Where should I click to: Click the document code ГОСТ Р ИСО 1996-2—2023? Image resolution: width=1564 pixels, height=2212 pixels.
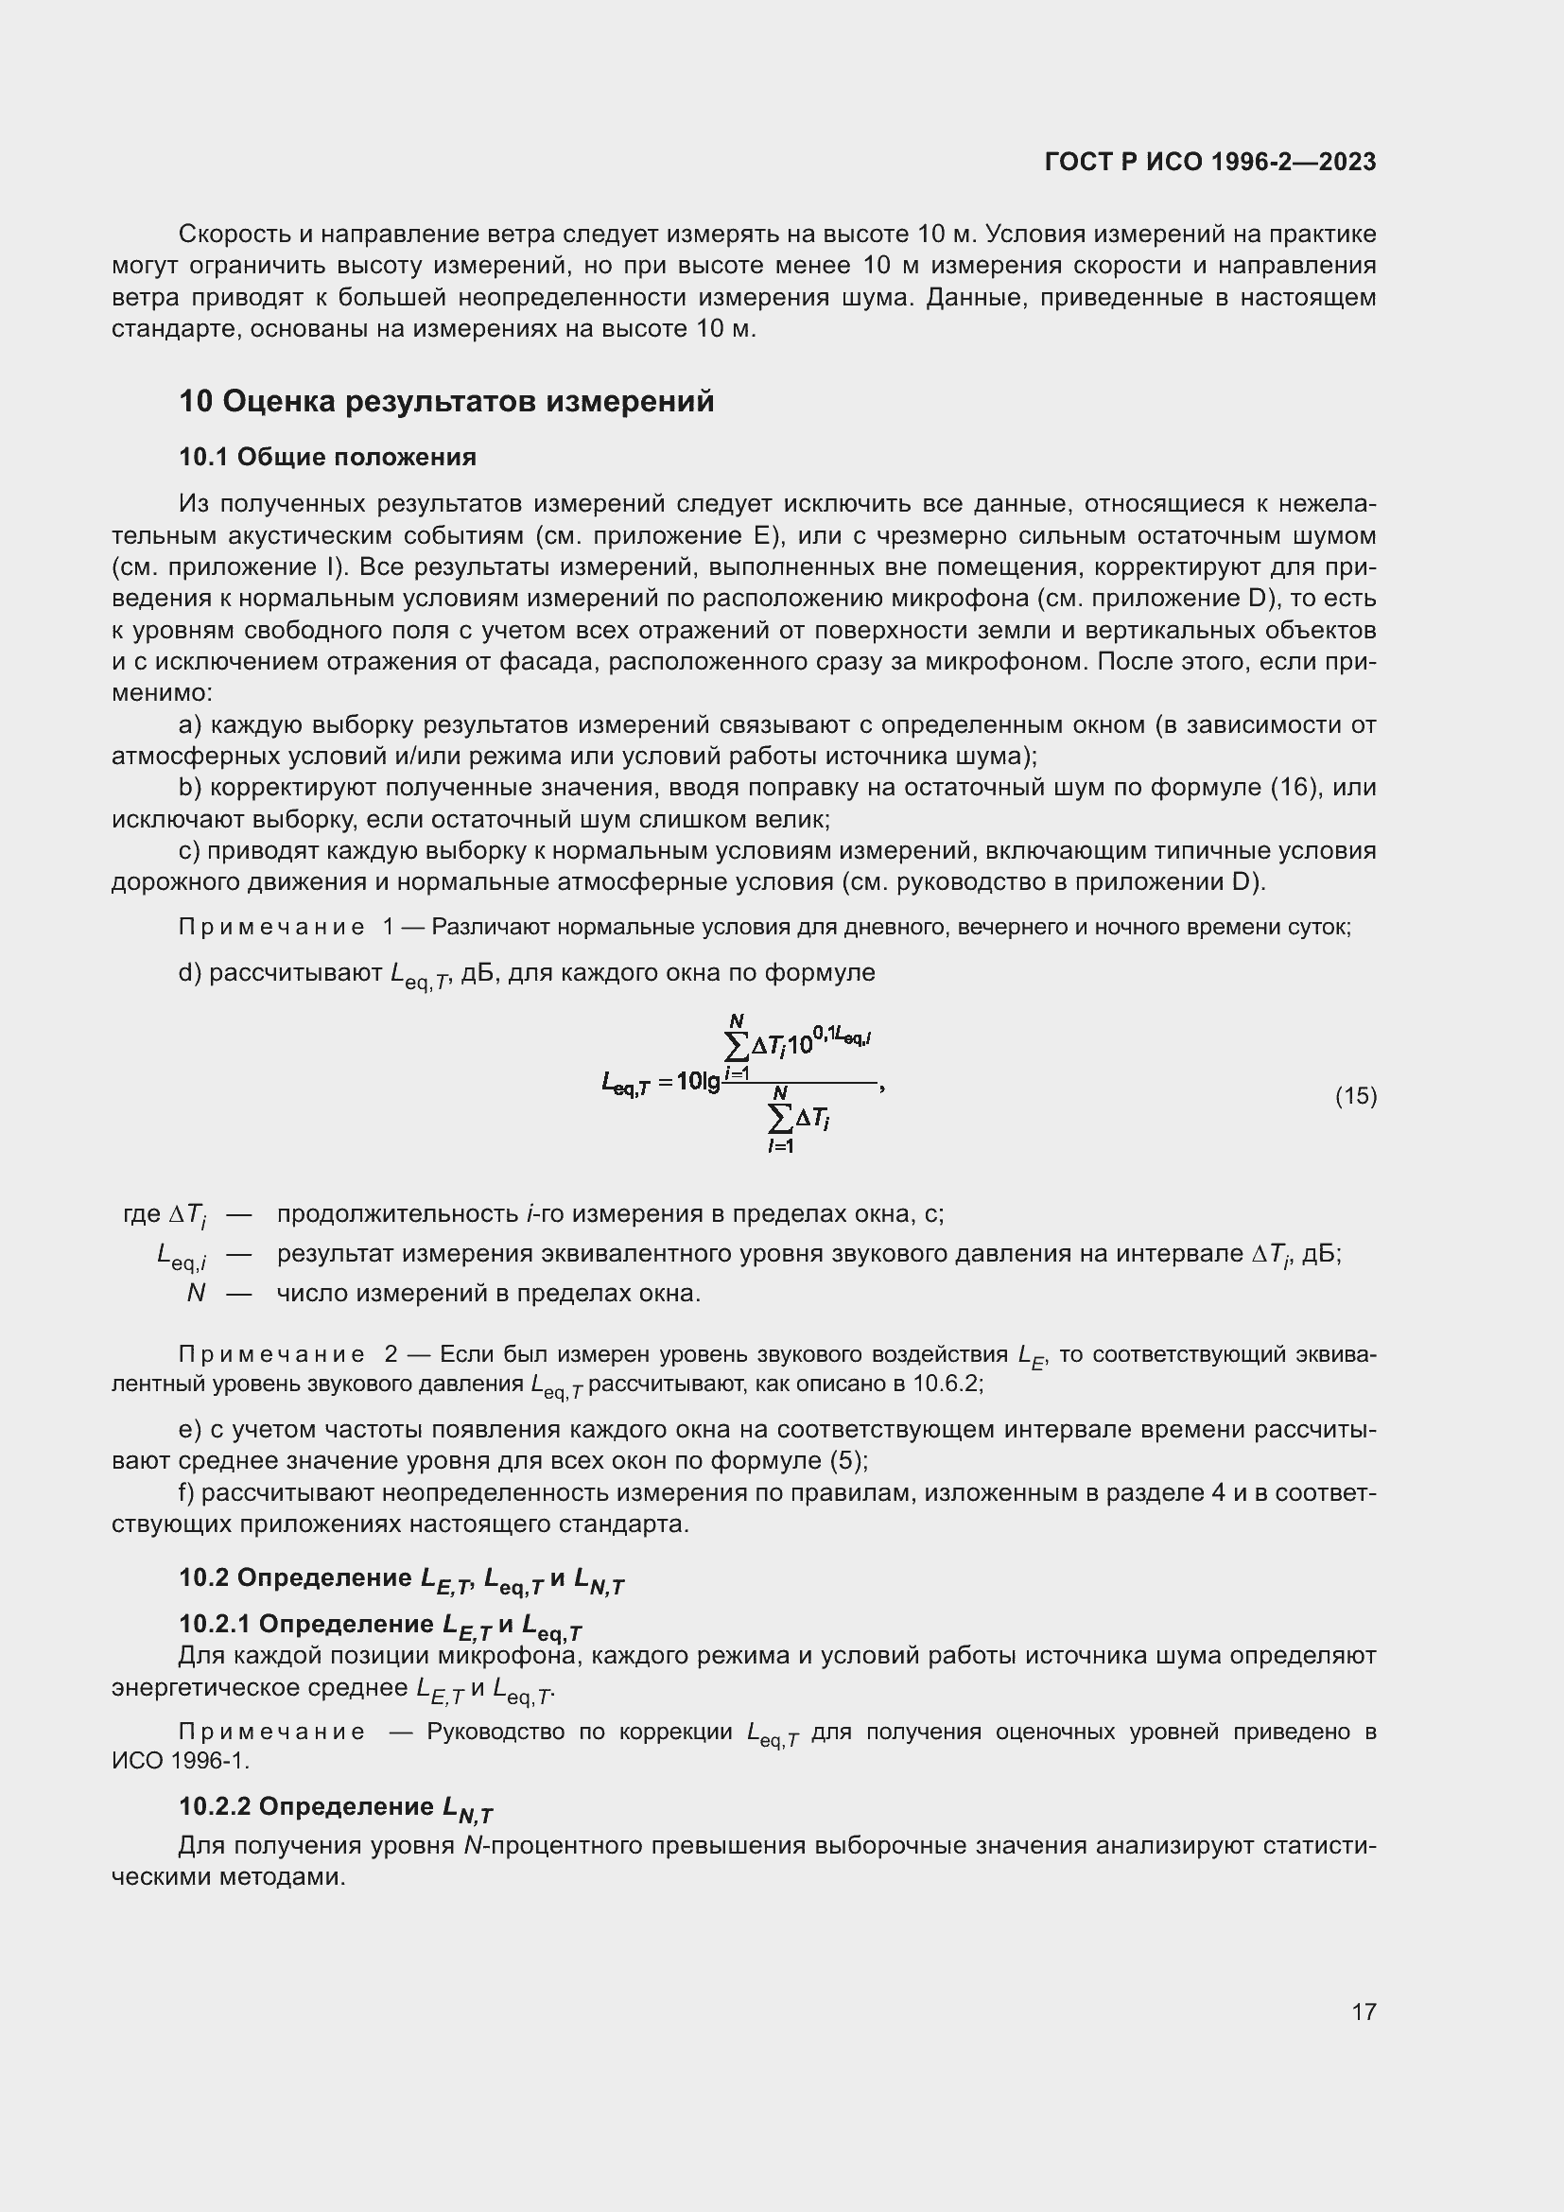(x=1209, y=162)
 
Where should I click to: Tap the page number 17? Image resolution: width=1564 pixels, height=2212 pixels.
(x=1364, y=2012)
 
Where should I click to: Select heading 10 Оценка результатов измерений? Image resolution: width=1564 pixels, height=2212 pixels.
(x=447, y=401)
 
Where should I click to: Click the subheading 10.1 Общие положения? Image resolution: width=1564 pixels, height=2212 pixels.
(x=327, y=457)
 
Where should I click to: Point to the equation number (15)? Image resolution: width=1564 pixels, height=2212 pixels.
(x=1355, y=1095)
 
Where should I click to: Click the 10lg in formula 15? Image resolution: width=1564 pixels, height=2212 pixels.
(x=698, y=1082)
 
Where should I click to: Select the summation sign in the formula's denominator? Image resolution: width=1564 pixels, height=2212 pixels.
(x=779, y=1118)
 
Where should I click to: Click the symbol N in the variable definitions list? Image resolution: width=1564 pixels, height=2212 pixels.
(x=196, y=1293)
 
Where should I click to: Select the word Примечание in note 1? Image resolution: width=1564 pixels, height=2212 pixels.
(x=271, y=927)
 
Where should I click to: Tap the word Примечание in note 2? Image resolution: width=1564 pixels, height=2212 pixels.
(x=271, y=1353)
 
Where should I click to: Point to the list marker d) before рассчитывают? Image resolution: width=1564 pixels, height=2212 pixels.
(x=190, y=973)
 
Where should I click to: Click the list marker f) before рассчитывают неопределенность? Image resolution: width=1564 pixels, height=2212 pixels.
(x=188, y=1492)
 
